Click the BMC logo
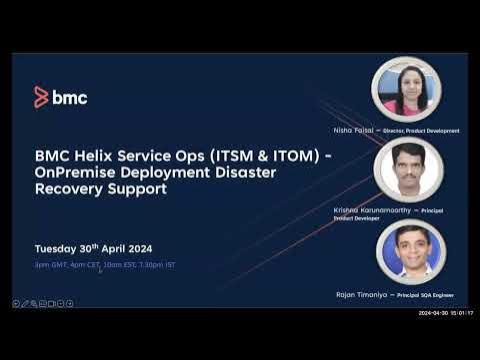click(60, 97)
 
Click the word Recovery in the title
click(70, 188)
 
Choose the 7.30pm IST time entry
click(161, 264)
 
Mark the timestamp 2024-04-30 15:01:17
click(445, 313)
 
